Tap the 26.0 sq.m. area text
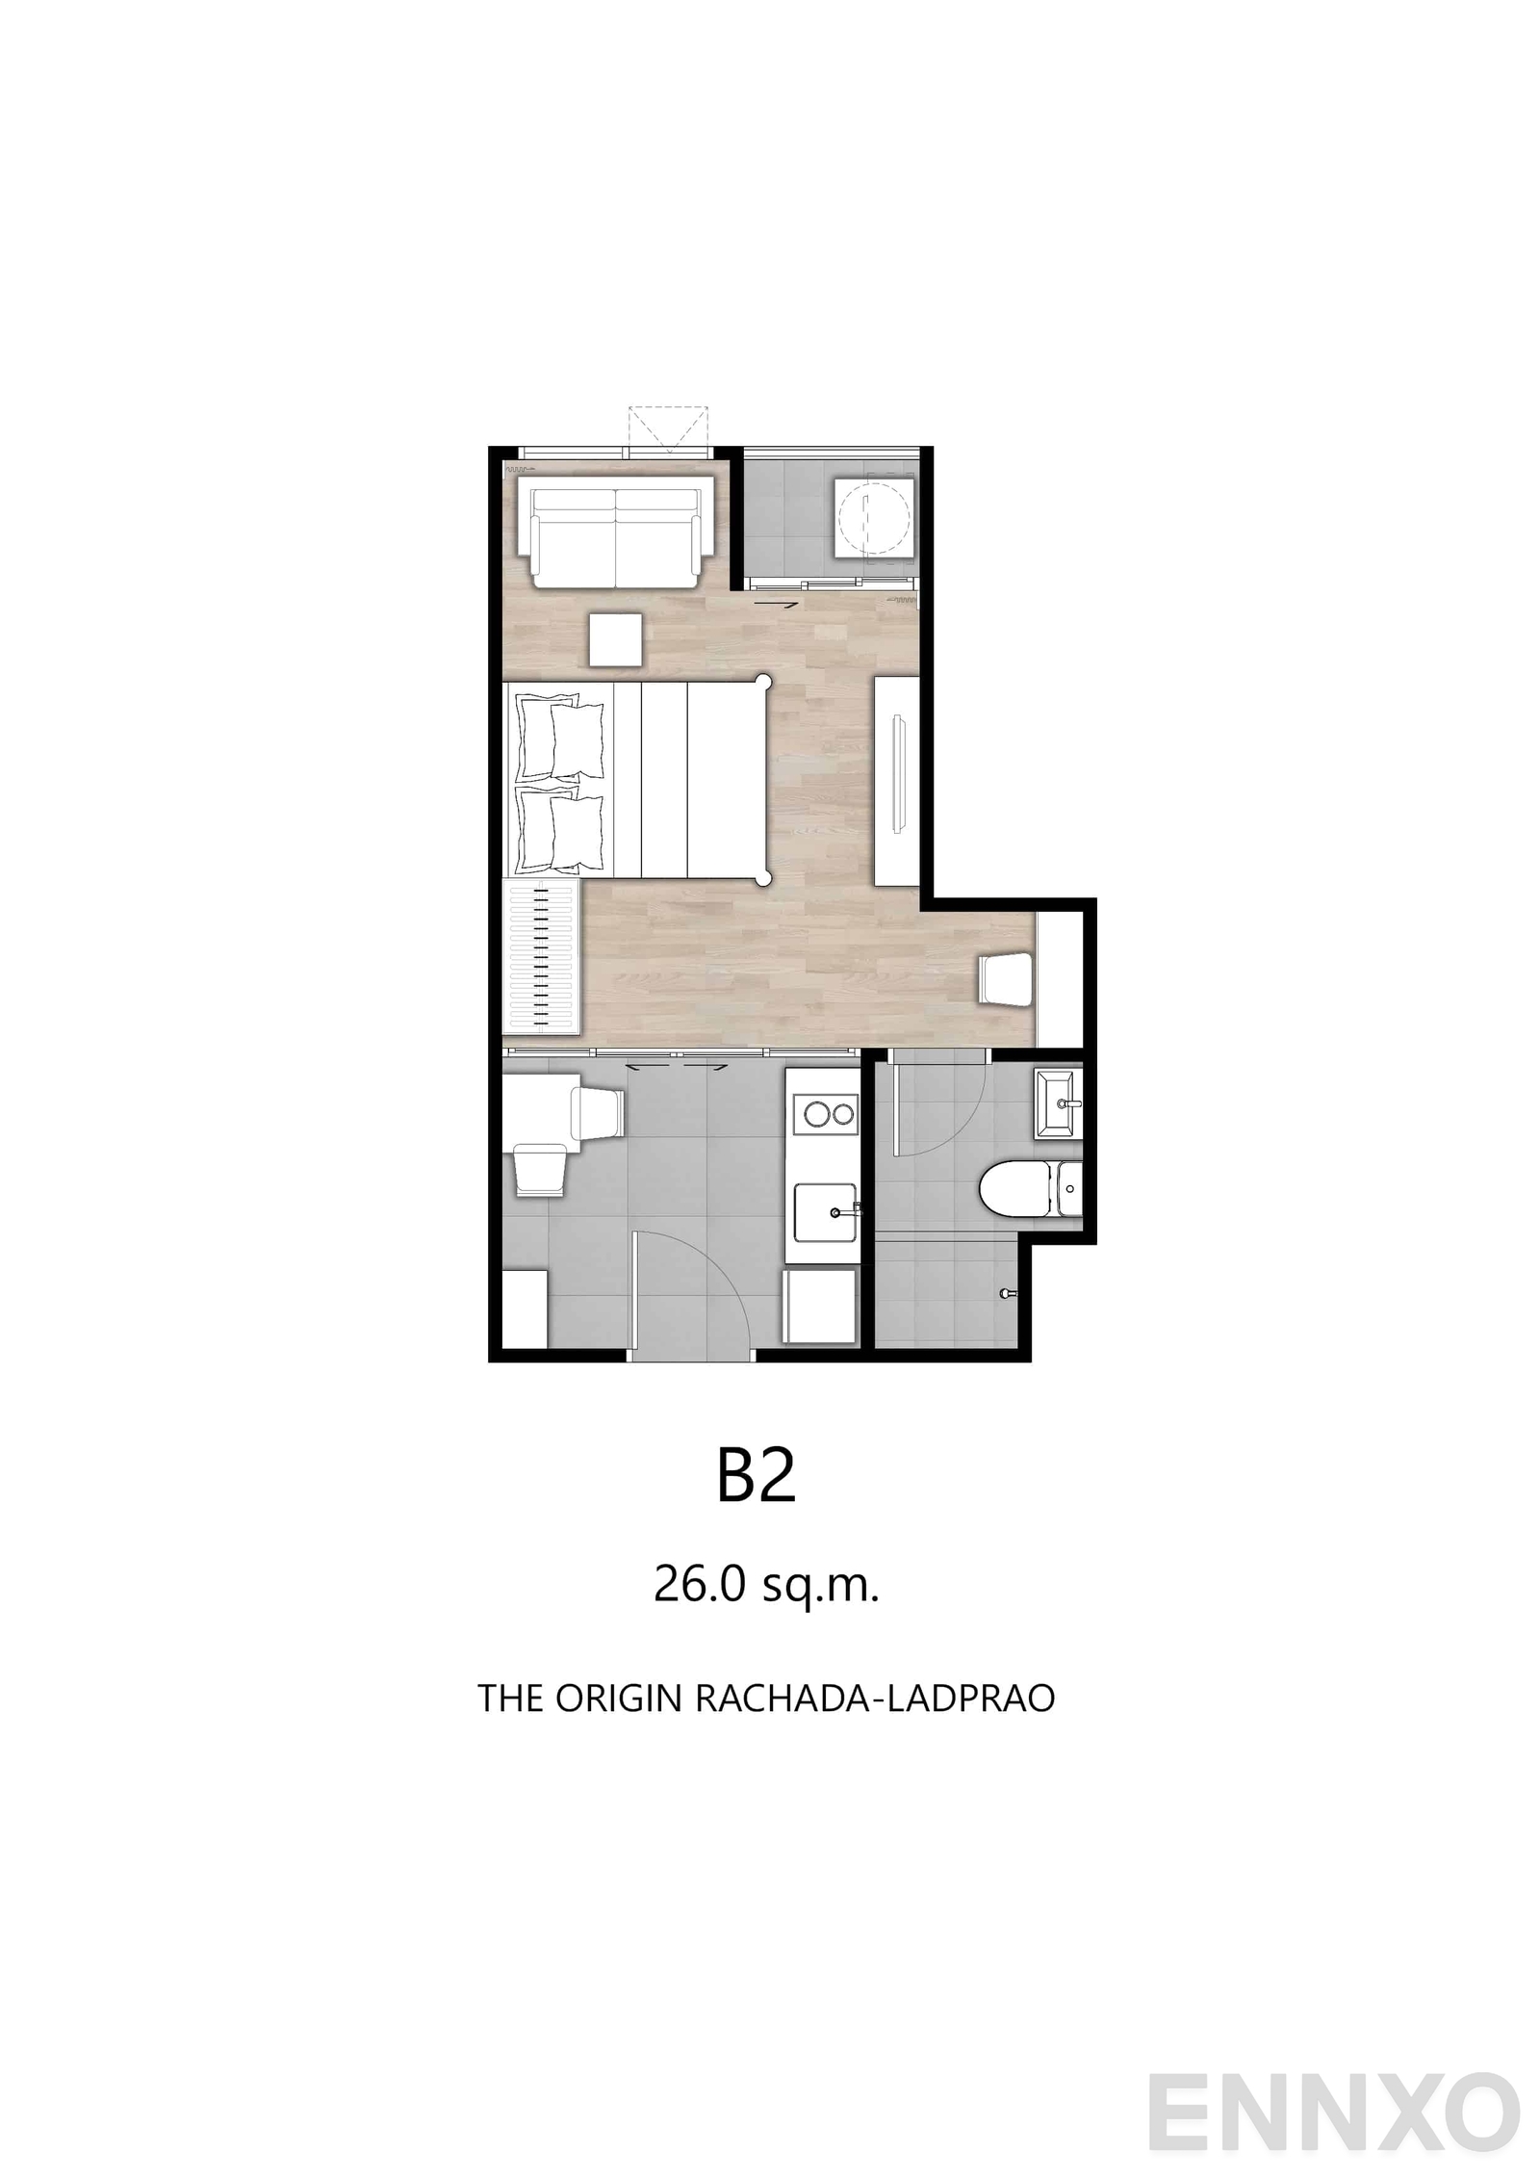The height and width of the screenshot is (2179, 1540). pyautogui.click(x=766, y=1584)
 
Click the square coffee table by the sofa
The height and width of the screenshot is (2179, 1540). pyautogui.click(x=615, y=639)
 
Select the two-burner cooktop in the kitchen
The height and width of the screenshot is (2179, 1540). pyautogui.click(x=829, y=1115)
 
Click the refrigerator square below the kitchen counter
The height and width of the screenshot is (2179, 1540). pyautogui.click(x=820, y=1306)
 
